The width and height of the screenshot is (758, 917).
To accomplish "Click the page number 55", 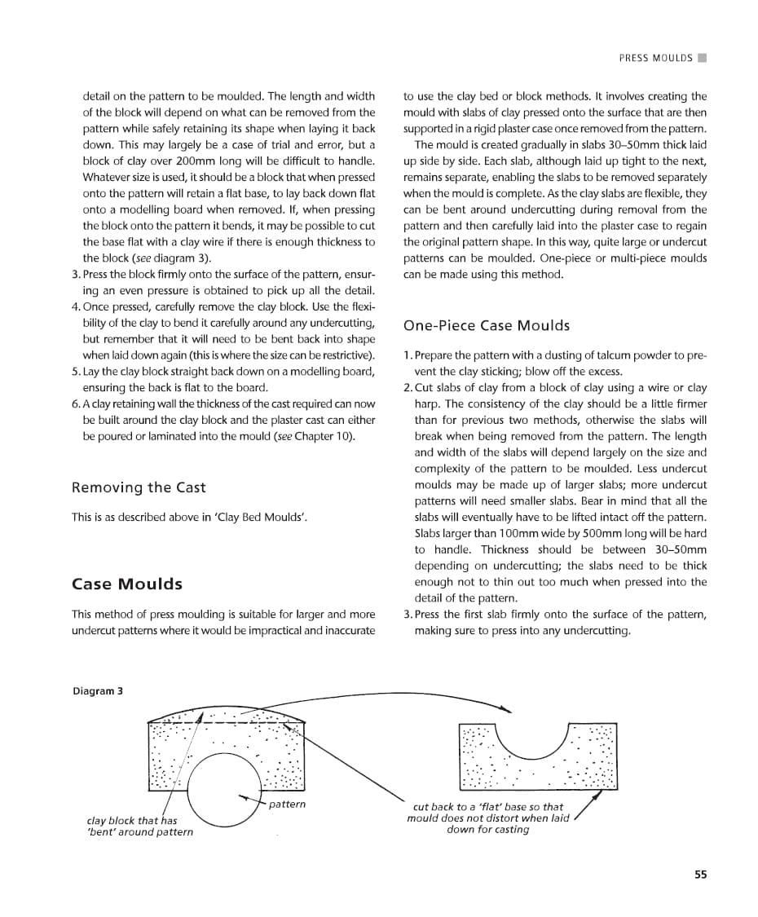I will [x=700, y=875].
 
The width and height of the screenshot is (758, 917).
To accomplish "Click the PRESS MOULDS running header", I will [x=655, y=58].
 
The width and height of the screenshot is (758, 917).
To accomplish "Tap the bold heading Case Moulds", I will [x=127, y=584].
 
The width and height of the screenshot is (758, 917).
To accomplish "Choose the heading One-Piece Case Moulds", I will [x=487, y=325].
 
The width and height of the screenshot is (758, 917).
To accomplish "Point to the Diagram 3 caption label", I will [x=98, y=690].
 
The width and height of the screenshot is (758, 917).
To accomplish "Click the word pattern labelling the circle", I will [x=287, y=804].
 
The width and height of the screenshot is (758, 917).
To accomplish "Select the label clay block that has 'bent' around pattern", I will [x=139, y=826].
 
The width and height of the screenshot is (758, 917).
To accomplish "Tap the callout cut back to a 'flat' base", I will [x=488, y=818].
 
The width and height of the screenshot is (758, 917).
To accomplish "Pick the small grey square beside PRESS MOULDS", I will [x=703, y=58].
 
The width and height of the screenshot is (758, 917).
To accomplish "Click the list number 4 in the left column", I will [x=75, y=306].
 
